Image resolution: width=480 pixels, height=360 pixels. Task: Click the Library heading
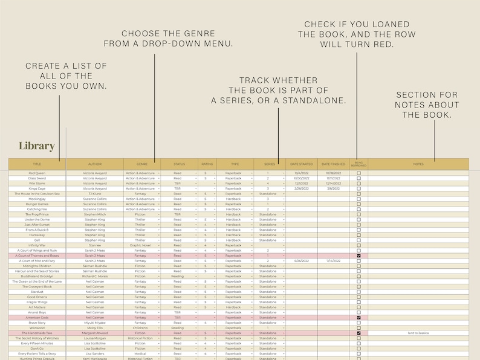[37, 146]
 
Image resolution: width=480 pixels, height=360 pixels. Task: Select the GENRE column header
[141, 164]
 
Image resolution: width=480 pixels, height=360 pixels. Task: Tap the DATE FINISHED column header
[333, 164]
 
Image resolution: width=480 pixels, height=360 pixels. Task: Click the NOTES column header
[418, 164]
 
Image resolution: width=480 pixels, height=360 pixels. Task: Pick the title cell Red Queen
[37, 173]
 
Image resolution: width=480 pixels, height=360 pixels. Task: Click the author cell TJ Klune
[94, 194]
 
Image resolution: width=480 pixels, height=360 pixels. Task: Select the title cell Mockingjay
[37, 199]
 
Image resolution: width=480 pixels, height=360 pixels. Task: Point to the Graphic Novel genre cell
[140, 245]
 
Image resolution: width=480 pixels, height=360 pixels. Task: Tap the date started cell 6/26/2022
[301, 261]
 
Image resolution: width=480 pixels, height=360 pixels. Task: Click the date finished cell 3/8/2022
[333, 188]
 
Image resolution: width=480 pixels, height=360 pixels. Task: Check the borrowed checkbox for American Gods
[358, 317]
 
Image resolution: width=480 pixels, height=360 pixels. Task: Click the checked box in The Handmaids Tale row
[358, 333]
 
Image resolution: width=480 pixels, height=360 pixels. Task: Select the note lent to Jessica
[418, 333]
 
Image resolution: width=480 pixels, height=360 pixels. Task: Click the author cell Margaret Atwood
[94, 333]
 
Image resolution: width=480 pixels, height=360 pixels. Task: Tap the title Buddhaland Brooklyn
[37, 276]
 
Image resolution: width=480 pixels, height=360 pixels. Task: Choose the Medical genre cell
[140, 353]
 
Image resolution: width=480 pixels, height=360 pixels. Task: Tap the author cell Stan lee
[94, 245]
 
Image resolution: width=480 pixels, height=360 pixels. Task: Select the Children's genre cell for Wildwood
[140, 328]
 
